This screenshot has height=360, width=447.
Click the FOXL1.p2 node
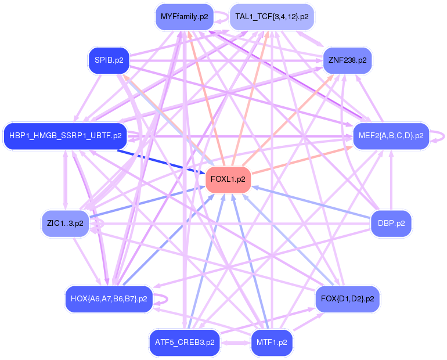(228, 179)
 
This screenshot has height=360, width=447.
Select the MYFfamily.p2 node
(185, 16)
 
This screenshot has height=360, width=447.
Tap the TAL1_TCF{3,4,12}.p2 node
(272, 16)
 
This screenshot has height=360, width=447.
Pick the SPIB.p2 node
(109, 60)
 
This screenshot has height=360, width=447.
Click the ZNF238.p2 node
(348, 60)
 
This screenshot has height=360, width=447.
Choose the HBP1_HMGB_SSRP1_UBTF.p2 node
(65, 136)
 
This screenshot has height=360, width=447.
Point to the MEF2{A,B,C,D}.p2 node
(391, 136)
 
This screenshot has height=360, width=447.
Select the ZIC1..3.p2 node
(65, 223)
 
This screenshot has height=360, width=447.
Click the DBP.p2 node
(391, 223)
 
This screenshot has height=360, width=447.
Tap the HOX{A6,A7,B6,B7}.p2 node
(109, 299)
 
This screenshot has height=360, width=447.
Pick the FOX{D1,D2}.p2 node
(348, 299)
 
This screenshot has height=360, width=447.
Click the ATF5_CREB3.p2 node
(185, 343)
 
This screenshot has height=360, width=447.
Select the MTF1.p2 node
(272, 343)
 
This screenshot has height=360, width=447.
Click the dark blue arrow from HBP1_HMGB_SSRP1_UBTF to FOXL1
(161, 161)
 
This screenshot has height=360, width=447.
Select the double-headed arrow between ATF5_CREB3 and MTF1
(236, 343)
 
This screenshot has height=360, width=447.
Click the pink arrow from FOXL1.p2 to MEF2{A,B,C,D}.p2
(302, 160)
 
